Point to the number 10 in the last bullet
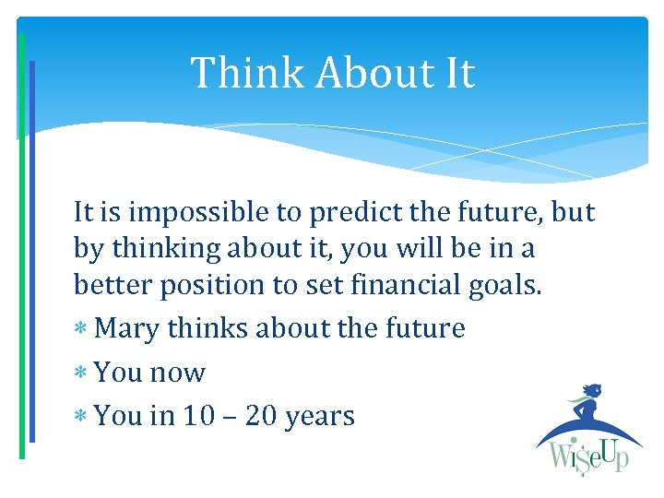click(198, 416)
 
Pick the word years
click(320, 417)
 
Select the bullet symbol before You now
click(81, 373)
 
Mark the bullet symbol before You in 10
click(81, 417)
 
